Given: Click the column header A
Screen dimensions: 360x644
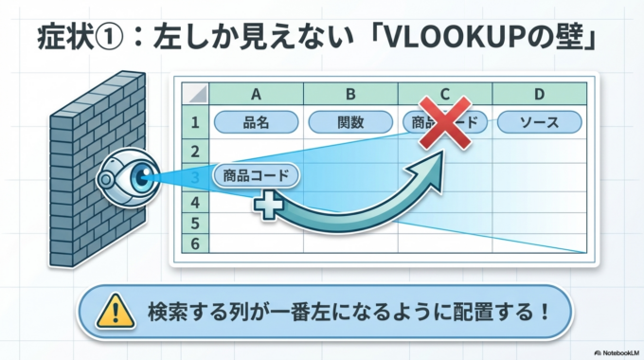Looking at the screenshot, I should coord(256,94).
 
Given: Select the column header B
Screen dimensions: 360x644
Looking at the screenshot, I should coord(350,94).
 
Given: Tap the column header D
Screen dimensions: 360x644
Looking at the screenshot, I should coord(539,94).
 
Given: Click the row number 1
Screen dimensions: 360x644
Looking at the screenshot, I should coord(194,122).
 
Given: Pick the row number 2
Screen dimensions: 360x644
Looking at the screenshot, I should coord(194,151).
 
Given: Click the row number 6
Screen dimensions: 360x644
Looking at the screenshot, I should coord(194,243).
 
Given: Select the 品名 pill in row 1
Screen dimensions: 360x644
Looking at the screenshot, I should coord(256,122).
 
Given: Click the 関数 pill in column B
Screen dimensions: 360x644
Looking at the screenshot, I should coord(350,122).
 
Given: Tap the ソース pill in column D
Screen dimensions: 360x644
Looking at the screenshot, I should coord(539,122).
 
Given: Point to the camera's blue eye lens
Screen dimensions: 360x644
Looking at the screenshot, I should coord(140,175).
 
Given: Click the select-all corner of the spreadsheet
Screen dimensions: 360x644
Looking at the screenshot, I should coord(194,94).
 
